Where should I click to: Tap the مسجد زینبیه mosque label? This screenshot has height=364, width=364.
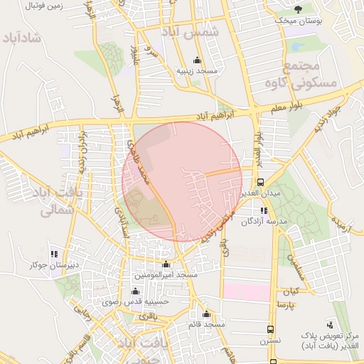[196, 72]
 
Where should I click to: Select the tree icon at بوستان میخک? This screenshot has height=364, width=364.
[299, 9]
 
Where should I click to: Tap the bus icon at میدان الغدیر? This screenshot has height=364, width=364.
[260, 181]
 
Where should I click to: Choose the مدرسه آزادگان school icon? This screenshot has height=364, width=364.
[264, 210]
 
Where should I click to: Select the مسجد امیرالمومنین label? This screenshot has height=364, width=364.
[166, 274]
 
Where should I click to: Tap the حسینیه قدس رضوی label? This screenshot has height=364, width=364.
[139, 301]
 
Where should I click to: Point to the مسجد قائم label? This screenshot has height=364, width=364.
[206, 325]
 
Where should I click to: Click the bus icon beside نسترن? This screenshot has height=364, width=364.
[270, 329]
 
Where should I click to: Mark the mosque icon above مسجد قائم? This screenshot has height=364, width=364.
[206, 314]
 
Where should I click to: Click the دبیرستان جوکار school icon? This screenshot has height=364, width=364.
[53, 254]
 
